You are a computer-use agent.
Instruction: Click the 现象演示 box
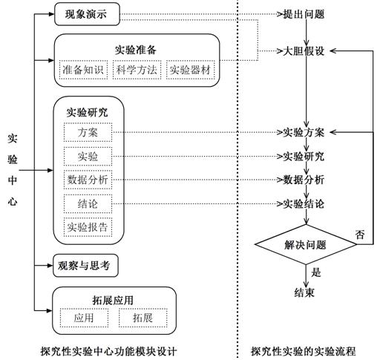point(87,14)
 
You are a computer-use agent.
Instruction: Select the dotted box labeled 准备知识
point(83,70)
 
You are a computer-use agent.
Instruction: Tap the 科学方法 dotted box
point(137,70)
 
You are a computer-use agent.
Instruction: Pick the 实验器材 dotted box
point(191,70)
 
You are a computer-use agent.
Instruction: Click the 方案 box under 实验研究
point(88,132)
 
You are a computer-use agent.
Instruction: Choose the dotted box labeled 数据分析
point(88,180)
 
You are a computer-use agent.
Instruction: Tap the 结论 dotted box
point(88,204)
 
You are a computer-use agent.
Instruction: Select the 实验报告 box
point(88,227)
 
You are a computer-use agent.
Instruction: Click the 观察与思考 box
point(85,266)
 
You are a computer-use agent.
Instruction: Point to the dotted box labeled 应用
point(84,318)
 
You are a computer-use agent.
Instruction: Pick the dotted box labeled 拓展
point(143,318)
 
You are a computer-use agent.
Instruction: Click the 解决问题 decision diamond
point(306,244)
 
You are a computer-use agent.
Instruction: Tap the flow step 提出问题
point(304,14)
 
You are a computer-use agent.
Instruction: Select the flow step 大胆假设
point(304,51)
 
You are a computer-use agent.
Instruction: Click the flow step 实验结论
point(304,204)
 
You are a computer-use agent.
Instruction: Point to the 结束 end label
point(304,292)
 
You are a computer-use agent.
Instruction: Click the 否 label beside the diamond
point(360,234)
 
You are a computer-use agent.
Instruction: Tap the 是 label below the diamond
point(316,272)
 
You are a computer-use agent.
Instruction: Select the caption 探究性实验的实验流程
point(304,351)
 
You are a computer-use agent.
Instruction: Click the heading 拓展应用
point(113,300)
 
